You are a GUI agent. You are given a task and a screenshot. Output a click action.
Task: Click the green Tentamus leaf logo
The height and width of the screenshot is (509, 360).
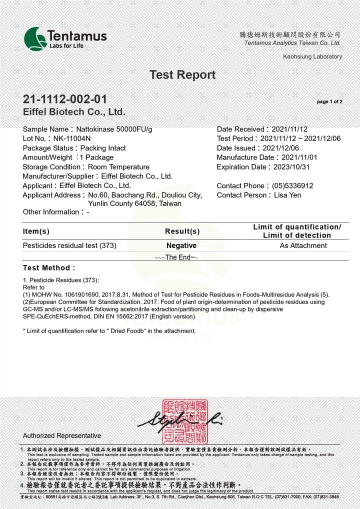click(x=35, y=38)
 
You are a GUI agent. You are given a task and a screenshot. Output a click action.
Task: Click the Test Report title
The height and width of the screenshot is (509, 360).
click(x=182, y=75)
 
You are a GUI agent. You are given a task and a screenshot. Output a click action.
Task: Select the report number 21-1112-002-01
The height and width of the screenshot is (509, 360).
click(x=65, y=99)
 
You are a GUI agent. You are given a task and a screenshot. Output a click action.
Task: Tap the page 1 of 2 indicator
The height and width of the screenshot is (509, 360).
click(x=329, y=102)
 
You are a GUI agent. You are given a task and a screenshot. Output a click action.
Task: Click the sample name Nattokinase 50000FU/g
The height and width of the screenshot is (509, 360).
click(x=114, y=129)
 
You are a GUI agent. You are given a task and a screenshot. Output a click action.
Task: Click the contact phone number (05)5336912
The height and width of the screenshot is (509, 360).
click(x=292, y=185)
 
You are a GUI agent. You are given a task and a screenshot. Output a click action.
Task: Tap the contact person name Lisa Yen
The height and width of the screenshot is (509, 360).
click(x=287, y=195)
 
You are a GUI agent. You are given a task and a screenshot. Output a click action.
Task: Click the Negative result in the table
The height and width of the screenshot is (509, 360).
click(x=181, y=245)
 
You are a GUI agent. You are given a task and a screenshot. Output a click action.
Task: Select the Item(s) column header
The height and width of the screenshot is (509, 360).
click(x=36, y=231)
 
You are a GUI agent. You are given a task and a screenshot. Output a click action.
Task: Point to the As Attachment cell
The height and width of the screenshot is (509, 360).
click(x=303, y=245)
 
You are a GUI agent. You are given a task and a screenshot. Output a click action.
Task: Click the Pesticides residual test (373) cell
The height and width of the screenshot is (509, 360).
click(x=69, y=245)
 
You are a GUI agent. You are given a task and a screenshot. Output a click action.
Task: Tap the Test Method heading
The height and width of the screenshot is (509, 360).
click(x=49, y=268)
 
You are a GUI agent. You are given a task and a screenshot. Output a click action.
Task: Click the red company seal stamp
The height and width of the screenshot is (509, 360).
click(x=184, y=422)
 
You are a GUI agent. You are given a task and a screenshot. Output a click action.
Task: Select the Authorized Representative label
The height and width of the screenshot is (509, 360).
click(x=62, y=435)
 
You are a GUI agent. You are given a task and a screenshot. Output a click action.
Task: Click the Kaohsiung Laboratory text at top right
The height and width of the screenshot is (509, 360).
click(x=312, y=56)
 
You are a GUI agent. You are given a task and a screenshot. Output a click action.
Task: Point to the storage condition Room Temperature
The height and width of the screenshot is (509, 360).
click(x=118, y=167)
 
